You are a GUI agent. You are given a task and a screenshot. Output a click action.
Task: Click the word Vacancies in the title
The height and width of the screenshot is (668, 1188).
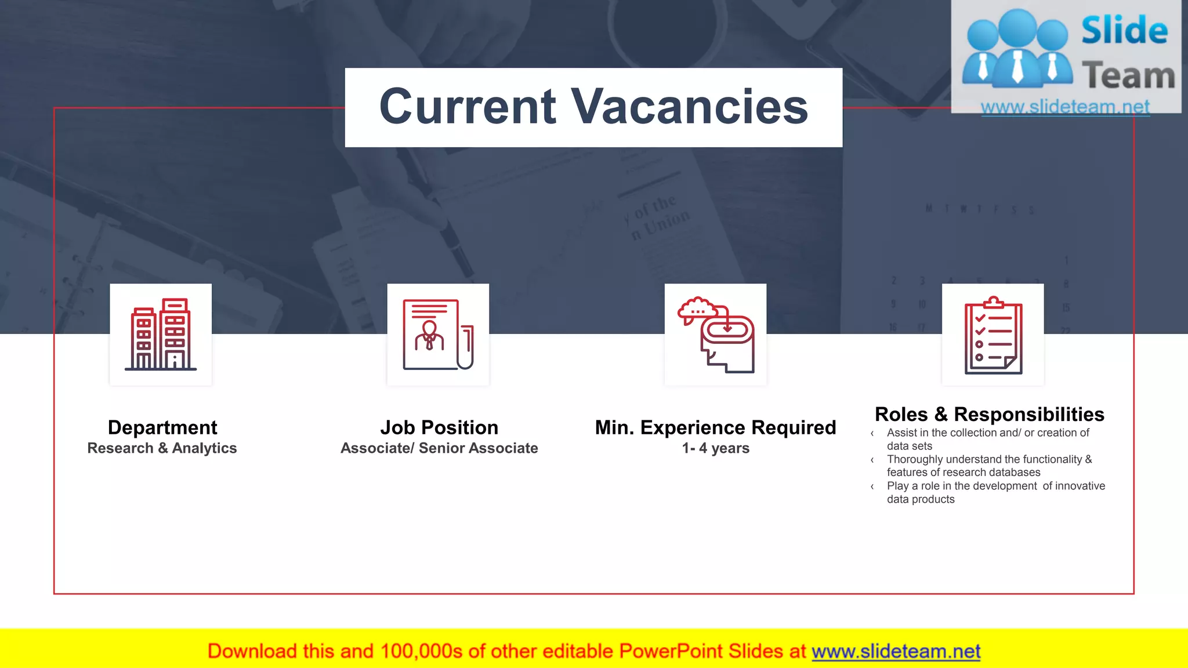point(690,107)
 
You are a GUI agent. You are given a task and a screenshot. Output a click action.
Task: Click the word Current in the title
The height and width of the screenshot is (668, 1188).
point(468,107)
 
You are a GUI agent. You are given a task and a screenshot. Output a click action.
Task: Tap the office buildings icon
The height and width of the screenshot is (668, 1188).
point(161,335)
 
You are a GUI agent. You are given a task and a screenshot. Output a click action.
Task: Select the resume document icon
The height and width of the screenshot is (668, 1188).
point(438,335)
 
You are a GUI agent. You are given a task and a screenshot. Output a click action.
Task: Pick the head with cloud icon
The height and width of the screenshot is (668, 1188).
point(715,335)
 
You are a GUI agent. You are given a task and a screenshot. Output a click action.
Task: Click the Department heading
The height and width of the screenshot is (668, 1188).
point(162,428)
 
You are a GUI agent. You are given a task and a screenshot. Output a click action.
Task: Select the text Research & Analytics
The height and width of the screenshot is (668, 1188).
point(162,448)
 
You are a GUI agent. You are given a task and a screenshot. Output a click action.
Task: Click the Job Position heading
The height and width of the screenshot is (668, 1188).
point(439,428)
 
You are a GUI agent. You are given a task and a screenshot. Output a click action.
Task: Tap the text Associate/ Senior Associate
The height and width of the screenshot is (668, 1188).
point(439,448)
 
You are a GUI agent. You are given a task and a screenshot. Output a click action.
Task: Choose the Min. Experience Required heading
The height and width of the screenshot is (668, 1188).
point(715,428)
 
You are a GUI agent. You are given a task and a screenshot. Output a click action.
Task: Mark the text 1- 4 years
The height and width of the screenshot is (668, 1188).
point(715,448)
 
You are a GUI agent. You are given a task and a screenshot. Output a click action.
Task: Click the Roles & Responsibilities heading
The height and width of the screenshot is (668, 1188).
point(989,415)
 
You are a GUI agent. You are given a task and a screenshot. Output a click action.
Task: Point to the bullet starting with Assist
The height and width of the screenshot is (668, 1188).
point(987,439)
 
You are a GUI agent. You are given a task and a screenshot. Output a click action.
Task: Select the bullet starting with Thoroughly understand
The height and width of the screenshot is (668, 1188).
point(988,466)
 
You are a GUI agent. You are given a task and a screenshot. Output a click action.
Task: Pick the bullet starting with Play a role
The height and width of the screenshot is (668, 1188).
point(995,492)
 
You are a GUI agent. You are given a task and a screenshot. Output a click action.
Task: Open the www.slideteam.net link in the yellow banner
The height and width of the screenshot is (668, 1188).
point(896,651)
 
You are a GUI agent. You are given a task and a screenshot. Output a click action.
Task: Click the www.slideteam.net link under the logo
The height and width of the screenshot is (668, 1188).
point(1065,107)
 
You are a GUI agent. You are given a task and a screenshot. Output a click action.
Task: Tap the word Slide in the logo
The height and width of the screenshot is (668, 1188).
point(1124,31)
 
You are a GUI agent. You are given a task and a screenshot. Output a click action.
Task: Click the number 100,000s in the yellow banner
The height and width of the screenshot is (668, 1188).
point(421,651)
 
